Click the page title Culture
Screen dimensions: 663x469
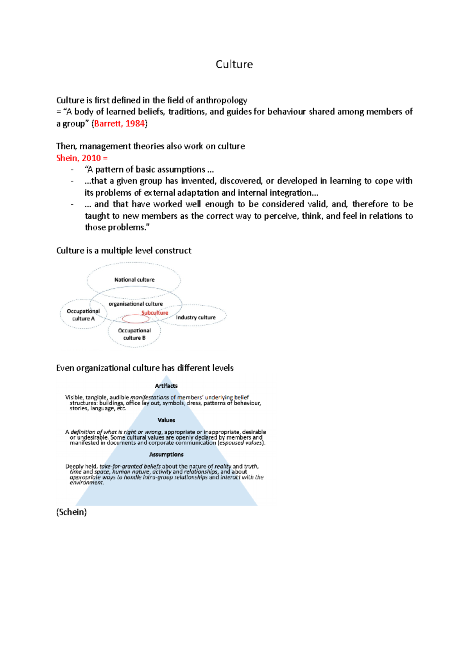[x=234, y=64]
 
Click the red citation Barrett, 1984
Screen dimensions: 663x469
[x=120, y=124]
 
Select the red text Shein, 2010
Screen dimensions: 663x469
[x=78, y=158]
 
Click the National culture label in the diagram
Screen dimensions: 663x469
[x=134, y=280]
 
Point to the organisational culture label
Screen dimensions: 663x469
[x=136, y=304]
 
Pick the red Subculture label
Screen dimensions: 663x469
[x=155, y=313]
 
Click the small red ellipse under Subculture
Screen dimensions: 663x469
[x=136, y=319]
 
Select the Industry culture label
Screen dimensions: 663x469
[x=195, y=317]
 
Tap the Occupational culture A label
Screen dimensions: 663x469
[x=83, y=315]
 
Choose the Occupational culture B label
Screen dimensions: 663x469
[x=134, y=334]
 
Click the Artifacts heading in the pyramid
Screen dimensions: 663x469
[x=166, y=386]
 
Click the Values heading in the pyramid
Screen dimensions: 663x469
[x=166, y=420]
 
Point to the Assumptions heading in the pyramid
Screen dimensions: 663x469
[x=166, y=454]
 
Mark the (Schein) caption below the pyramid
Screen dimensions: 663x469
[x=72, y=512]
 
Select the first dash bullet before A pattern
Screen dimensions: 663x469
[x=72, y=170]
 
